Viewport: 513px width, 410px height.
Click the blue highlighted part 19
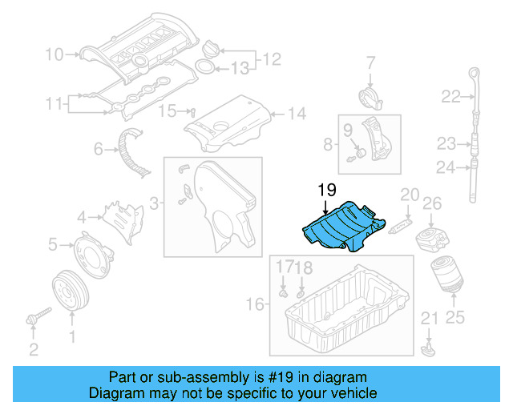[x=337, y=228]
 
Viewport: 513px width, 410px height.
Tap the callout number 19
[x=325, y=191]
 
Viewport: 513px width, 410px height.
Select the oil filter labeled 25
[x=444, y=279]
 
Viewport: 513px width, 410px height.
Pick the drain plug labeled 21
[x=429, y=348]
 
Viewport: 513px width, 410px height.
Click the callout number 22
[x=450, y=98]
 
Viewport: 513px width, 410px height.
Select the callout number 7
[x=371, y=62]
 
